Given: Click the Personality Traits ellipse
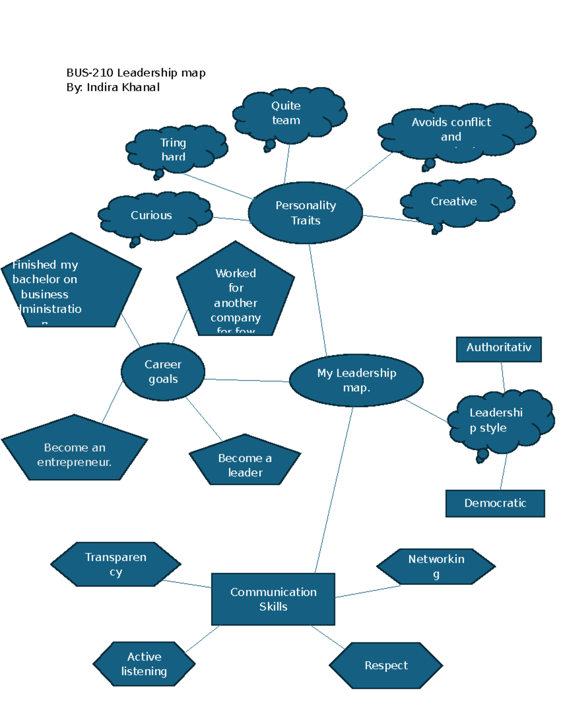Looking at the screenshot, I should pyautogui.click(x=305, y=213).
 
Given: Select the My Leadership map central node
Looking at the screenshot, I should pyautogui.click(x=356, y=380).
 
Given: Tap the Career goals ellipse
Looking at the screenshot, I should pyautogui.click(x=163, y=372).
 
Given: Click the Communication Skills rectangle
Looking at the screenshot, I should pyautogui.click(x=273, y=599).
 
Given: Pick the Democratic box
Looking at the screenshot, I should pyautogui.click(x=495, y=503).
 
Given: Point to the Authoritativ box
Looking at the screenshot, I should pyautogui.click(x=498, y=349).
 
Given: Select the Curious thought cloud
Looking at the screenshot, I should pyautogui.click(x=152, y=215).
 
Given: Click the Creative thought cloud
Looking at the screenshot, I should pyautogui.click(x=454, y=201).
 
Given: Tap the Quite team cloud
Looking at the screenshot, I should pyautogui.click(x=287, y=113).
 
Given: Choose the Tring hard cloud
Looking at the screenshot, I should pyautogui.click(x=173, y=149).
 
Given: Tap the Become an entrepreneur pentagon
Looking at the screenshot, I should pyautogui.click(x=74, y=454).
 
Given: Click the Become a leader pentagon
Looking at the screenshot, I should pyautogui.click(x=245, y=465).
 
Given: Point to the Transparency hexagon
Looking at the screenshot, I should pyautogui.click(x=115, y=564).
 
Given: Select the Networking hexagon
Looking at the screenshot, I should pyautogui.click(x=436, y=566).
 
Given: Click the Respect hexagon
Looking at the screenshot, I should pyautogui.click(x=386, y=665).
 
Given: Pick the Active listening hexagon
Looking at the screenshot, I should pyautogui.click(x=144, y=664).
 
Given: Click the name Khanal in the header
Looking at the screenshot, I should pyautogui.click(x=141, y=87).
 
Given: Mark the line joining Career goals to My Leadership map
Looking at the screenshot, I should pyautogui.click(x=247, y=381).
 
